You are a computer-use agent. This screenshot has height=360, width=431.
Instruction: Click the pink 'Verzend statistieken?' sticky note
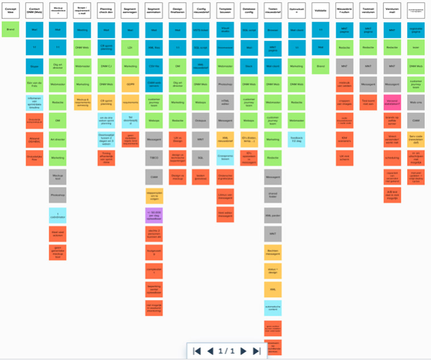[x=392, y=103]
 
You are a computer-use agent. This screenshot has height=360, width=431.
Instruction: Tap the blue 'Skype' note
[x=34, y=67]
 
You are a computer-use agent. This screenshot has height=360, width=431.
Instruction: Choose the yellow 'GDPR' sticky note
[x=130, y=103]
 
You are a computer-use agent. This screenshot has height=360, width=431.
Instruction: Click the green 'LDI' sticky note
[x=130, y=48]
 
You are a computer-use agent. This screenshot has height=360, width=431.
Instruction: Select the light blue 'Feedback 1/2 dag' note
[x=297, y=140]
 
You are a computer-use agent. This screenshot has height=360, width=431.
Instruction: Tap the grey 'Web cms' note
[x=416, y=103]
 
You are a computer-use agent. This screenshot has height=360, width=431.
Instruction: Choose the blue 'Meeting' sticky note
[x=82, y=30]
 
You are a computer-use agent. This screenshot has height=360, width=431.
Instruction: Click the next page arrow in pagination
[x=244, y=351]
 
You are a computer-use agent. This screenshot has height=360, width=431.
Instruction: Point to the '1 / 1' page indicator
[x=227, y=351]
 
